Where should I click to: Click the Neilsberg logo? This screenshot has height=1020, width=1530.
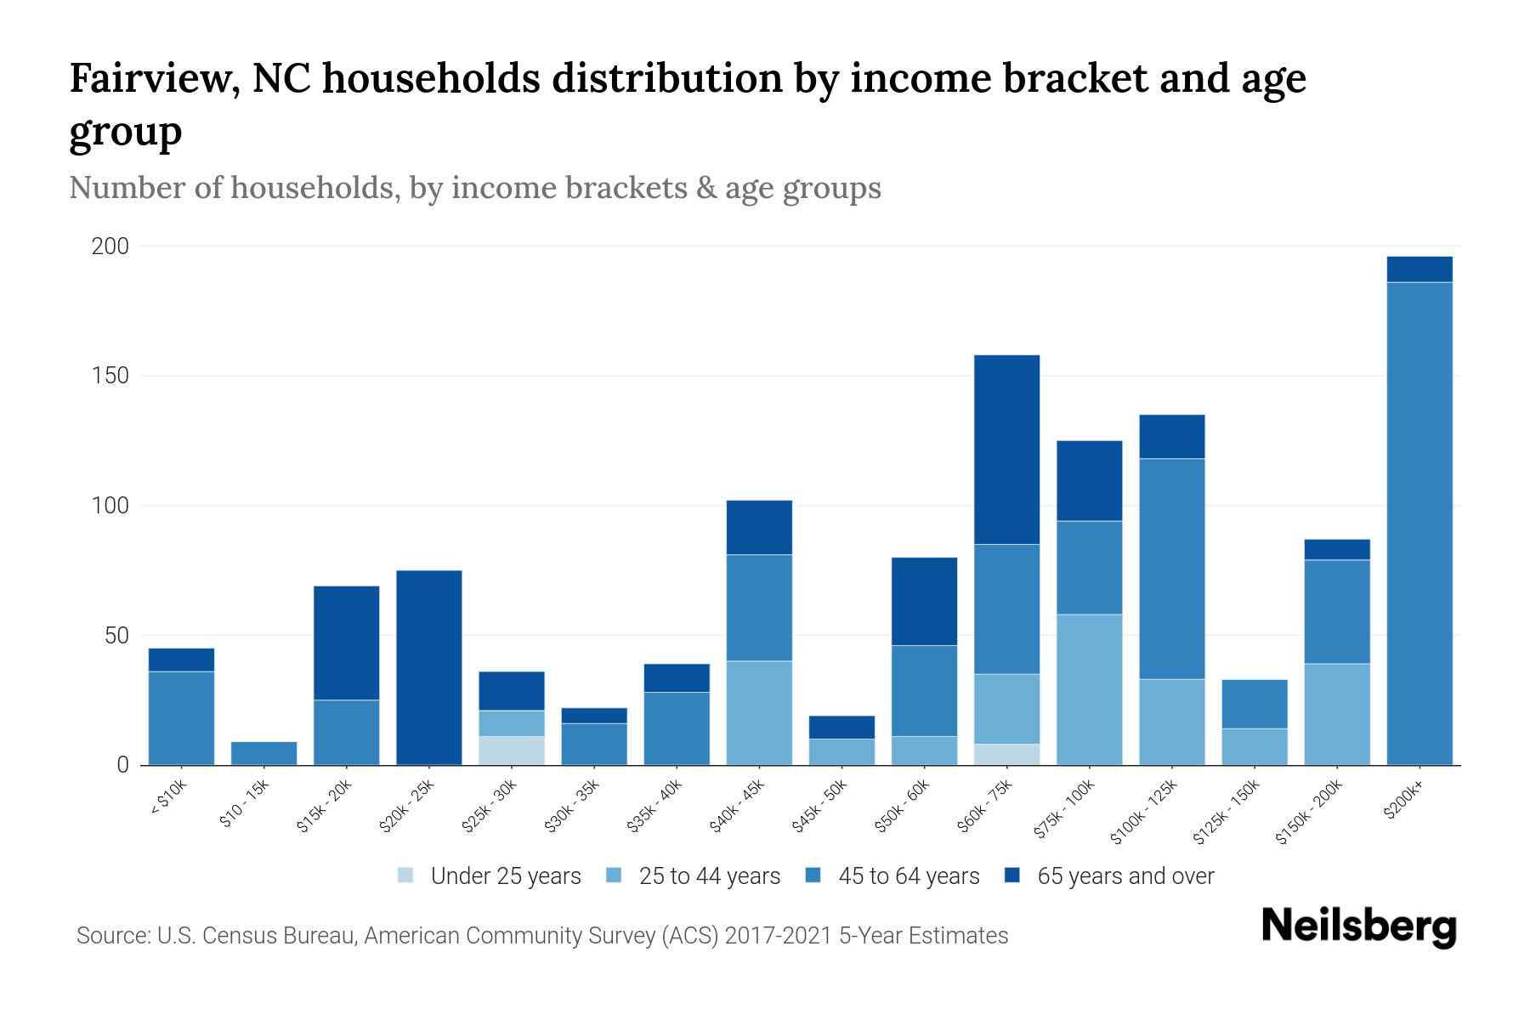1358,926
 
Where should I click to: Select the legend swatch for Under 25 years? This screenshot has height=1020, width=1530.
405,875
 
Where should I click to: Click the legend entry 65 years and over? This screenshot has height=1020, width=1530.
1125,875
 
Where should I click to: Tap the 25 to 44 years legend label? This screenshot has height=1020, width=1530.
709,875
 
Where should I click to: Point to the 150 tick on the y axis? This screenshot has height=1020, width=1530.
110,376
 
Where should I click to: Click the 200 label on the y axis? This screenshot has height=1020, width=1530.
110,246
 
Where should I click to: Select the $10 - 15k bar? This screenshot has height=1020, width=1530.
263,753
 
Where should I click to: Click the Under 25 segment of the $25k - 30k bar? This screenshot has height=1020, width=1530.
512,751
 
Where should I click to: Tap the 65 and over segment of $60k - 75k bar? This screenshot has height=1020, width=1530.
1006,449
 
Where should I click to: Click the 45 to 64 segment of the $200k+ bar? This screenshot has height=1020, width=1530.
1419,523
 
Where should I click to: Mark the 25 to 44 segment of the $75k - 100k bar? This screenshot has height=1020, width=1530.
1089,689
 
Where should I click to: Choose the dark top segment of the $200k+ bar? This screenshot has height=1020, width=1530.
1419,269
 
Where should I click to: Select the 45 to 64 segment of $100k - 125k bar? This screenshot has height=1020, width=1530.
1171,569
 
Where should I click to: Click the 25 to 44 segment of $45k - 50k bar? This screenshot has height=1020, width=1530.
841,751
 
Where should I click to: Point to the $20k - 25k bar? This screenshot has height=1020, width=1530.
429,667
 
